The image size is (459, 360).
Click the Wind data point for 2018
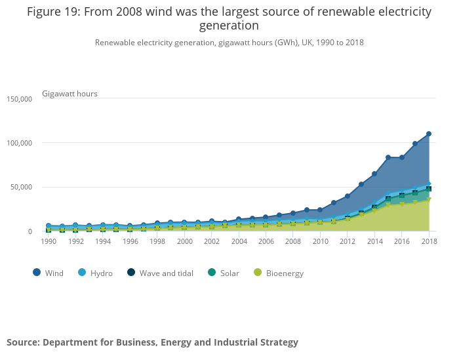tap(429, 134)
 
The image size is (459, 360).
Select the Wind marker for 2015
tap(388, 157)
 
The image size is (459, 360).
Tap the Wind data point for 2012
tap(348, 196)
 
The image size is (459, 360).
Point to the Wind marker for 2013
tap(361, 184)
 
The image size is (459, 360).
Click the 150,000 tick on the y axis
tap(19, 99)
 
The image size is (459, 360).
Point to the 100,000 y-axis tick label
tap(19, 143)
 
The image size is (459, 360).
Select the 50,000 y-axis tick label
tap(21, 187)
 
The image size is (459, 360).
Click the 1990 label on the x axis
tap(49, 241)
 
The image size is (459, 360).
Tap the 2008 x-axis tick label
tap(293, 241)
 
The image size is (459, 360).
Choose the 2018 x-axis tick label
tap(429, 241)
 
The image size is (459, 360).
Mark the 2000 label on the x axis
tap(184, 241)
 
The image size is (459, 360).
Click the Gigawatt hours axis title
tap(70, 94)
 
